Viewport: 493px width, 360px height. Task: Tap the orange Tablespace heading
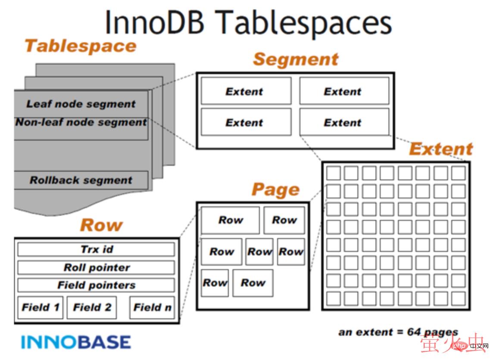(x=80, y=46)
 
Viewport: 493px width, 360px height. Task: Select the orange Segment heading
(x=296, y=59)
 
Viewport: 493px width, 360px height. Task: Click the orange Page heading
(x=275, y=189)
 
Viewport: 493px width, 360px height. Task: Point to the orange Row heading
(x=101, y=225)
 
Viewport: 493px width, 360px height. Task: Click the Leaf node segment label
(x=81, y=104)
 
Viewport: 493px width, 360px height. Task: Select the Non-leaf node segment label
(x=81, y=122)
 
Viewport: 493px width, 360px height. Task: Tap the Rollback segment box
(x=81, y=180)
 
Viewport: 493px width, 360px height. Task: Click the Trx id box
(x=96, y=249)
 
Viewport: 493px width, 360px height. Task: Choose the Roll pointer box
(x=96, y=267)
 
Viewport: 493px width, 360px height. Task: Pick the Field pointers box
(x=96, y=285)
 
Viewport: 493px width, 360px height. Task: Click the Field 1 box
(x=41, y=307)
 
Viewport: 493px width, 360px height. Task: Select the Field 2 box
(x=92, y=307)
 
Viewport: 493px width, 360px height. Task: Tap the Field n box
(x=152, y=307)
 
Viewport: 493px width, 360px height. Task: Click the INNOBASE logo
(x=76, y=342)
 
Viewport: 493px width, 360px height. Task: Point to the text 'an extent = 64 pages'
(x=398, y=332)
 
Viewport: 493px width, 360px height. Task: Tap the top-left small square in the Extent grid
(x=333, y=173)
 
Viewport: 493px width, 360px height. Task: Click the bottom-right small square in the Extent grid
(x=459, y=298)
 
